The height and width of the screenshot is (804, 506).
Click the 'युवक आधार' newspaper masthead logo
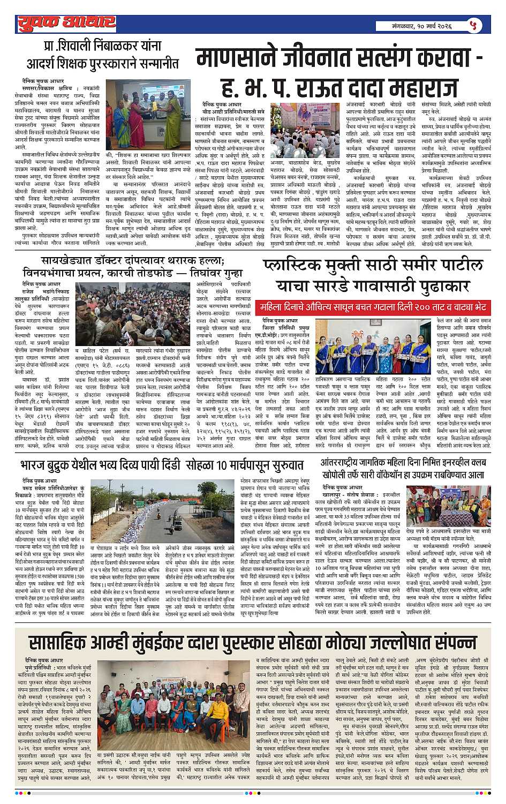[x=65, y=22]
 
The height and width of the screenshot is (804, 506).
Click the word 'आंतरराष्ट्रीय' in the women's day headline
[x=348, y=461]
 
